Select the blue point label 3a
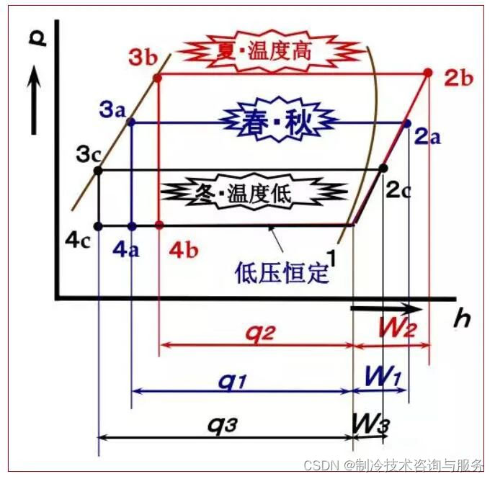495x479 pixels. tap(114, 111)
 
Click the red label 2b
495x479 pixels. tap(458, 79)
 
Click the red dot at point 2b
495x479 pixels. tap(429, 73)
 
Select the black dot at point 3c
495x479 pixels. tap(99, 171)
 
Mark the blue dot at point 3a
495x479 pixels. tap(131, 122)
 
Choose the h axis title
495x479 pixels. tap(461, 319)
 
